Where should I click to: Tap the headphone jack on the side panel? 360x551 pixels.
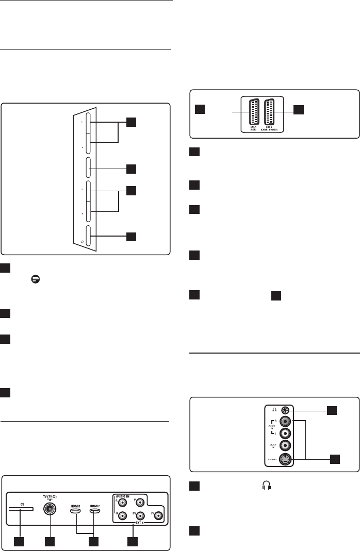tap(283, 410)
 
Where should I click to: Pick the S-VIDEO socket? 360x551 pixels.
tap(283, 460)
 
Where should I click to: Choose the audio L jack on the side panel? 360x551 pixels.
tap(283, 433)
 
